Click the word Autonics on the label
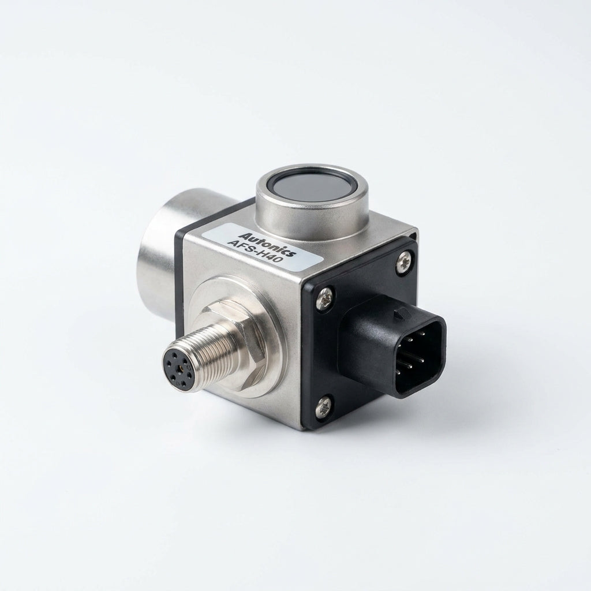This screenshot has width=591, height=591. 268,244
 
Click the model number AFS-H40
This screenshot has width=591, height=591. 256,252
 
